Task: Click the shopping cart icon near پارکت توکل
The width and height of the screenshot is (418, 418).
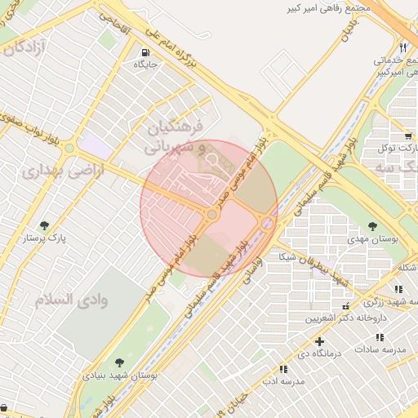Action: (x=407, y=136)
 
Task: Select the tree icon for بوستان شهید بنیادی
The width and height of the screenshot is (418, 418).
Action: (x=120, y=362)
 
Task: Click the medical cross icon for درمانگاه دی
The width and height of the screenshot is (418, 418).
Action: (x=319, y=340)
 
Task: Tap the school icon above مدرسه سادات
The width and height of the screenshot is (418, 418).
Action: (x=379, y=336)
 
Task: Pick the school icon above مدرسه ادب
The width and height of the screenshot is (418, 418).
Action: (x=283, y=369)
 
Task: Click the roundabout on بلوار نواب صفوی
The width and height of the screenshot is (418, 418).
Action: (x=70, y=149)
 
